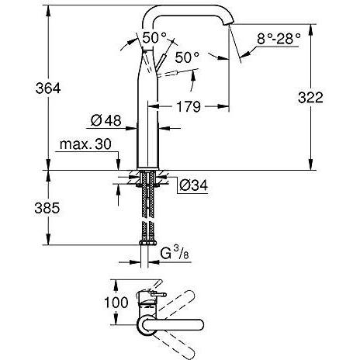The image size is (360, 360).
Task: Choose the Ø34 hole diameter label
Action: click(192, 186)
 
